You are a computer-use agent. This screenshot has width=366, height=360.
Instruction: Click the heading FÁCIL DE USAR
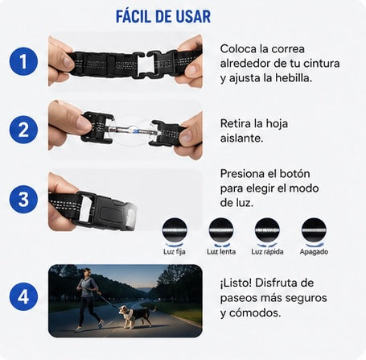tap(163, 17)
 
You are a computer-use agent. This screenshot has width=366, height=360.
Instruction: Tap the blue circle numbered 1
tap(23, 61)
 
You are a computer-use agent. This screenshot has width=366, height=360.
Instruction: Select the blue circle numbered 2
tap(23, 130)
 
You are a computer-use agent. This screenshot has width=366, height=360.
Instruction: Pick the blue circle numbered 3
tap(23, 199)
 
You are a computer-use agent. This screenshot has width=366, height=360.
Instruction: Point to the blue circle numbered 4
tap(23, 296)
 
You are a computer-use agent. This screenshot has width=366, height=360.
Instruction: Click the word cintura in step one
tap(318, 64)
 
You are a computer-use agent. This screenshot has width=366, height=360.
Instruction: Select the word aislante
tap(241, 138)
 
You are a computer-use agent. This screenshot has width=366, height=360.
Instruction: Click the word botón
tap(294, 173)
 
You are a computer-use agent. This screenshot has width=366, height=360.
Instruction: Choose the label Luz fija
tap(175, 252)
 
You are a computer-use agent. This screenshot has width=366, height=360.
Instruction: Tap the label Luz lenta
tap(221, 252)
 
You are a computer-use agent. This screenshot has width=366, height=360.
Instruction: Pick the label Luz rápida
tap(267, 252)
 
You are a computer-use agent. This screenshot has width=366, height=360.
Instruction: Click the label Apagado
tap(314, 252)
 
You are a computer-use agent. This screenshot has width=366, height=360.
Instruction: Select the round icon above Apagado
tap(314, 230)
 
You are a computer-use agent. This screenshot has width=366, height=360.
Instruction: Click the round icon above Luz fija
tap(175, 230)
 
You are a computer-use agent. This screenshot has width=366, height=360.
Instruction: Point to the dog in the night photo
tap(136, 317)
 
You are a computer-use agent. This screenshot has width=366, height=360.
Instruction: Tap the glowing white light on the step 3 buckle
tap(131, 215)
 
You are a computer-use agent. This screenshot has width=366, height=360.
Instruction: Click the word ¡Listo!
tap(236, 283)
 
